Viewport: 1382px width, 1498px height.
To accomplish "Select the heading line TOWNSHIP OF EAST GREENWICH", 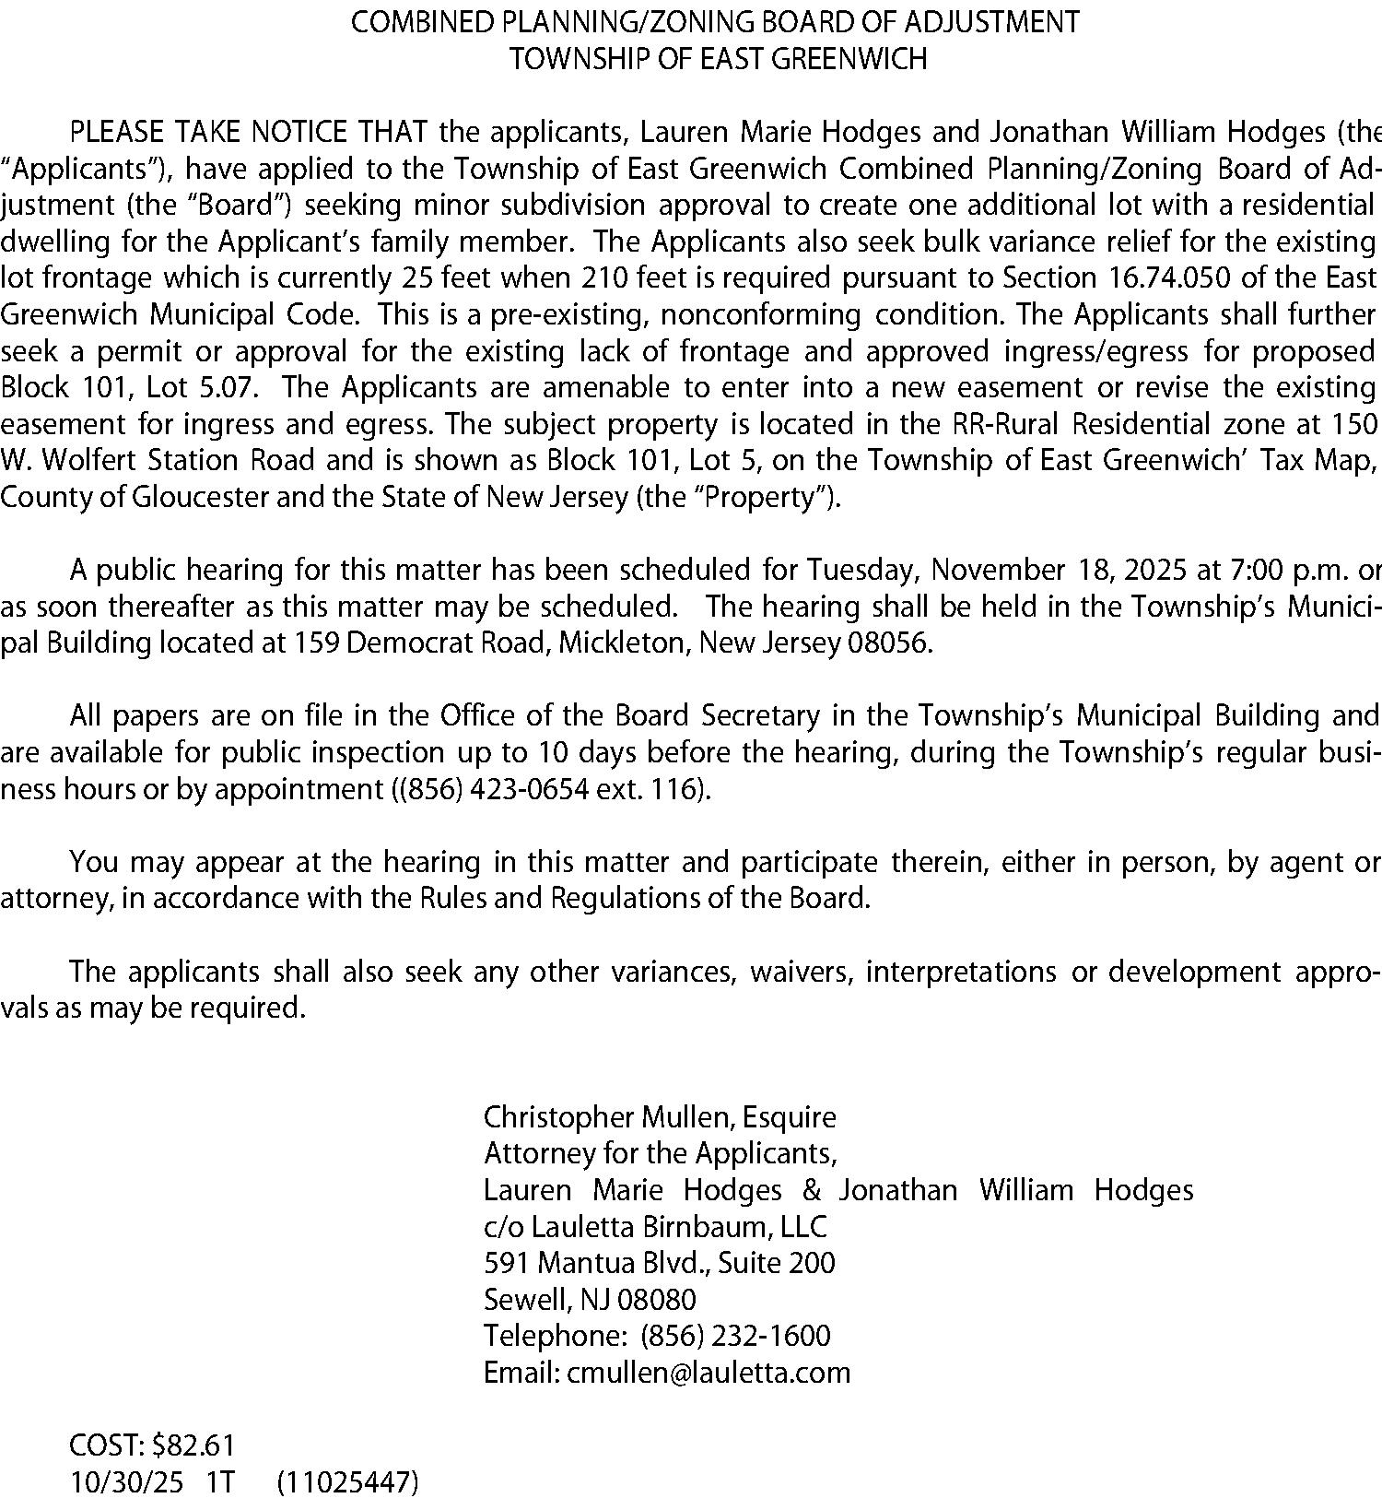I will click(719, 60).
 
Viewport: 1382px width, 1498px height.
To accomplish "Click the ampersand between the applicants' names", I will click(811, 1191).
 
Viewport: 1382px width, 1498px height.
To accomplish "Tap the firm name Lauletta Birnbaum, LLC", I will click(679, 1228).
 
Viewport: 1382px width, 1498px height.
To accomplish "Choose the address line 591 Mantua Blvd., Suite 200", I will click(660, 1264).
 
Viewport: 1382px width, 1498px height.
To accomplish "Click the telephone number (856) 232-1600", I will click(734, 1337).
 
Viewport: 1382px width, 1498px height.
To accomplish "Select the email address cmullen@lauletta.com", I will click(709, 1374).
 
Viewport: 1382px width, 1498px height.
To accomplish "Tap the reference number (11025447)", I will click(347, 1482).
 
